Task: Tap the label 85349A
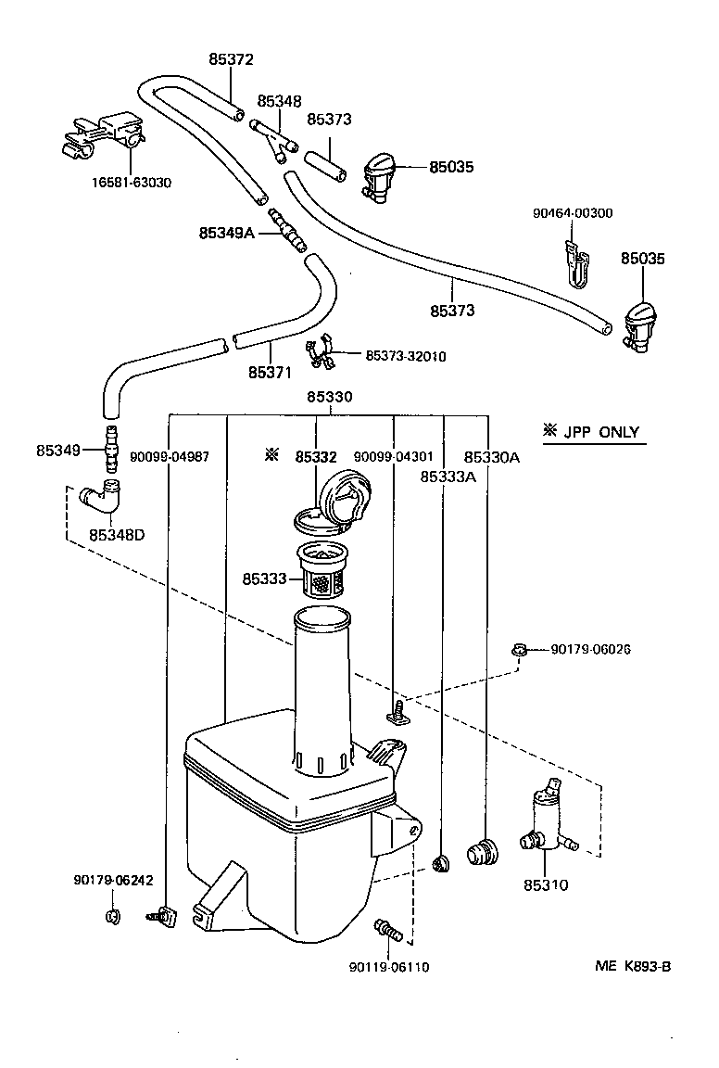(225, 233)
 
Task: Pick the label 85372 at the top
(231, 59)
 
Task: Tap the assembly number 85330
(330, 396)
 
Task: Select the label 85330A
(491, 456)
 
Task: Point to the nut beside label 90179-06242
(112, 918)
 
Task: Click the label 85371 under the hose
(270, 373)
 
